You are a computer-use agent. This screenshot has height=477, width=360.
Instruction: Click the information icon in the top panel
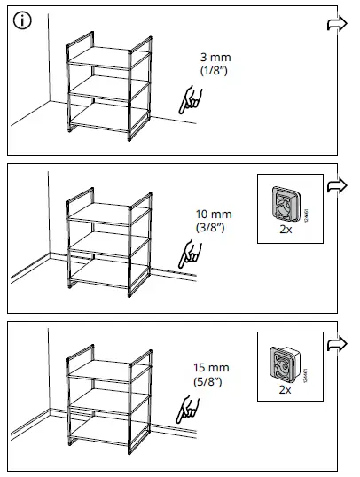click(21, 22)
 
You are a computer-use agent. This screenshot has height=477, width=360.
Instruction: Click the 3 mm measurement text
click(215, 57)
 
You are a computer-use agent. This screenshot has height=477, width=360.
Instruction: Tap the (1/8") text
click(215, 69)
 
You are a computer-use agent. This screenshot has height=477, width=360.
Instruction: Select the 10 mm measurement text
click(214, 214)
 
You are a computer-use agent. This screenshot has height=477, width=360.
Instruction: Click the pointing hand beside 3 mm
click(188, 99)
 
